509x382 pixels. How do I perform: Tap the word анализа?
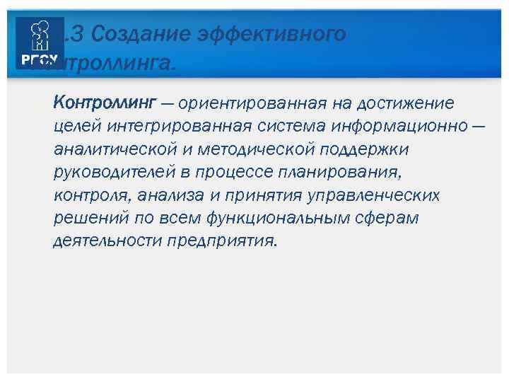pos(169,195)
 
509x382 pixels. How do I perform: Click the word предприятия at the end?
pos(223,241)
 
